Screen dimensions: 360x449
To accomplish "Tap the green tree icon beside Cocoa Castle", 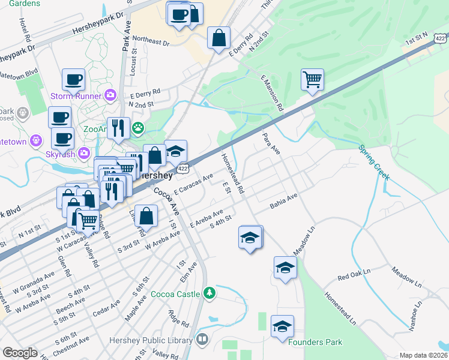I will [x=209, y=293].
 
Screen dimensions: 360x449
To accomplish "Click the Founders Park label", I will [x=315, y=342].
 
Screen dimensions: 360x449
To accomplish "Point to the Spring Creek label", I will [x=374, y=162].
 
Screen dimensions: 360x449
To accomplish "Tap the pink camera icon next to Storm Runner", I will [x=110, y=94].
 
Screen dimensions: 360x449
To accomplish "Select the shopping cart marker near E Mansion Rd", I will [x=313, y=79].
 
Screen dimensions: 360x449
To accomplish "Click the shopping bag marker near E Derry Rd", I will [x=218, y=38].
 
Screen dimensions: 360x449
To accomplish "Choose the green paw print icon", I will [x=139, y=127].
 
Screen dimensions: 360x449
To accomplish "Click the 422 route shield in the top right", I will [x=440, y=38].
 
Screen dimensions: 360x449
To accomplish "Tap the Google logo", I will [x=20, y=353].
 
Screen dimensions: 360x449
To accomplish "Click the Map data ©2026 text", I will [x=423, y=355].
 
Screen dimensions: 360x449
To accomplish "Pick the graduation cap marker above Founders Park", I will [x=282, y=327].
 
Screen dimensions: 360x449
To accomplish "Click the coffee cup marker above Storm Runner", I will [x=73, y=79].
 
